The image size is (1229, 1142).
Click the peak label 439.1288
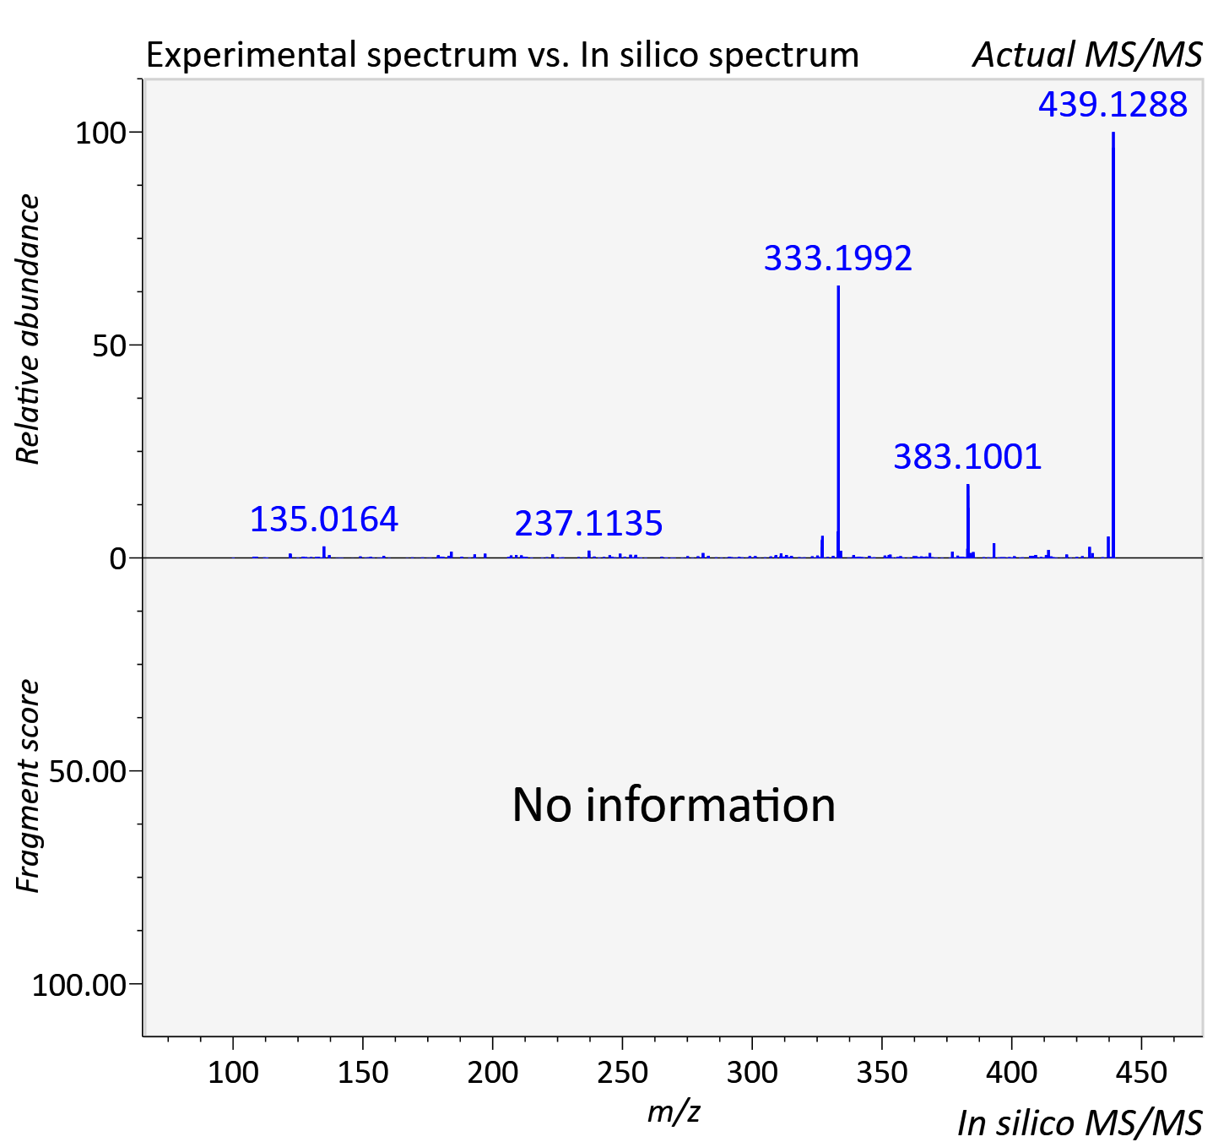click(x=1113, y=104)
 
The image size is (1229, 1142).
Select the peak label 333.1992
click(x=838, y=258)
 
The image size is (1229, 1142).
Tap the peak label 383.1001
click(x=968, y=457)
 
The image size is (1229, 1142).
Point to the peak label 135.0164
click(x=323, y=519)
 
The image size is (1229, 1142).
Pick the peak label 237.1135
click(x=588, y=524)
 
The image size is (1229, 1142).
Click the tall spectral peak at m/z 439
click(x=1113, y=345)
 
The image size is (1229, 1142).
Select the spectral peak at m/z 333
click(x=838, y=421)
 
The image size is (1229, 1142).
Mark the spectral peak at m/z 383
click(x=968, y=521)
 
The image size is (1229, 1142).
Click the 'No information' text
click(x=674, y=805)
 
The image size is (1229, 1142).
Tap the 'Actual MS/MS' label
click(x=1087, y=55)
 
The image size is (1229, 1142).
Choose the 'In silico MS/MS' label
click(x=1080, y=1123)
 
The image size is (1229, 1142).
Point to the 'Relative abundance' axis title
click(x=28, y=329)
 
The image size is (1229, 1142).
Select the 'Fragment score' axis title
click(x=28, y=786)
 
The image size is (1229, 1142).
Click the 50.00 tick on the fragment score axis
click(x=87, y=772)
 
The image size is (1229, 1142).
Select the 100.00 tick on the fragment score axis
click(x=79, y=985)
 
